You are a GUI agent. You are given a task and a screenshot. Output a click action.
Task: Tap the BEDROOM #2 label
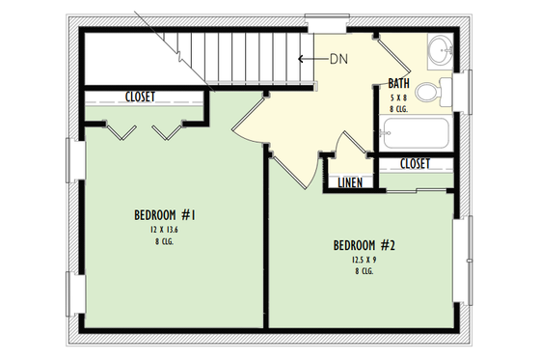pyautogui.click(x=365, y=244)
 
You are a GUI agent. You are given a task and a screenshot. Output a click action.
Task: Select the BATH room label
pyautogui.click(x=398, y=83)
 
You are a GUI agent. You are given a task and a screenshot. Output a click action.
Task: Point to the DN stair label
pyautogui.click(x=337, y=59)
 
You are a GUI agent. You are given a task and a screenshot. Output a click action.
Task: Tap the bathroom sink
pyautogui.click(x=440, y=48)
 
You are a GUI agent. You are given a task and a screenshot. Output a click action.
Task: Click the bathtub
pyautogui.click(x=416, y=133)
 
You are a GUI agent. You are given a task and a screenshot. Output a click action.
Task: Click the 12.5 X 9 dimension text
pyautogui.click(x=364, y=259)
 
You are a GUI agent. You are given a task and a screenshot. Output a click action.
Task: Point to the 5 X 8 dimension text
pyautogui.click(x=398, y=97)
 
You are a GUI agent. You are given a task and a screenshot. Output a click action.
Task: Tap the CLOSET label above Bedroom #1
pyautogui.click(x=142, y=97)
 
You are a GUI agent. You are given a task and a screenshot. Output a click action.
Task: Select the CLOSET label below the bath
pyautogui.click(x=414, y=164)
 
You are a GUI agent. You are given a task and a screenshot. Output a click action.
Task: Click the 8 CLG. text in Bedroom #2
pyautogui.click(x=364, y=271)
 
